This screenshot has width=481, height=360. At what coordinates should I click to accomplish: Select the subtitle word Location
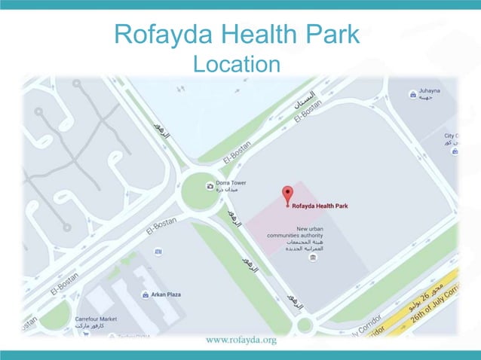coord(236,64)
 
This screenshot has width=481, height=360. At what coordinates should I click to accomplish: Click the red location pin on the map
coord(286,194)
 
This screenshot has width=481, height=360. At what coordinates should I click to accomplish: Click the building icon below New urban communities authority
coord(313,258)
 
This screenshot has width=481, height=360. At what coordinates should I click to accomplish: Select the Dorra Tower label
coord(231,186)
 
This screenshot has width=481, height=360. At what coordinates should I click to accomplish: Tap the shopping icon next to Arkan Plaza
coord(145,294)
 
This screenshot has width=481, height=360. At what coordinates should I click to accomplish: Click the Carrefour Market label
coord(96,322)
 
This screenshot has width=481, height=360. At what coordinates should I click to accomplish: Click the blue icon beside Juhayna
coord(412,94)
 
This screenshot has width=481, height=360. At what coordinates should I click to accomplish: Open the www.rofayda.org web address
coord(240,340)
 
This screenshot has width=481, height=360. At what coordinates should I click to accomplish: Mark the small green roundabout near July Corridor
coord(304,325)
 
